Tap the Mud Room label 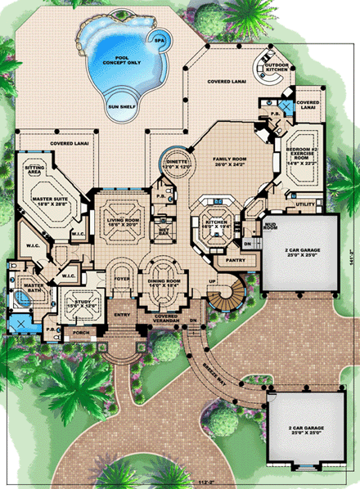272,218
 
